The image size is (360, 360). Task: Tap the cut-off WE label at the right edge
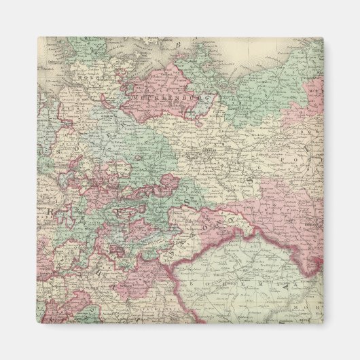317,88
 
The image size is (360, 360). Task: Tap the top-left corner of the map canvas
37,37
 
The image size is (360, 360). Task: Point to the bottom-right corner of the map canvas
323,323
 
